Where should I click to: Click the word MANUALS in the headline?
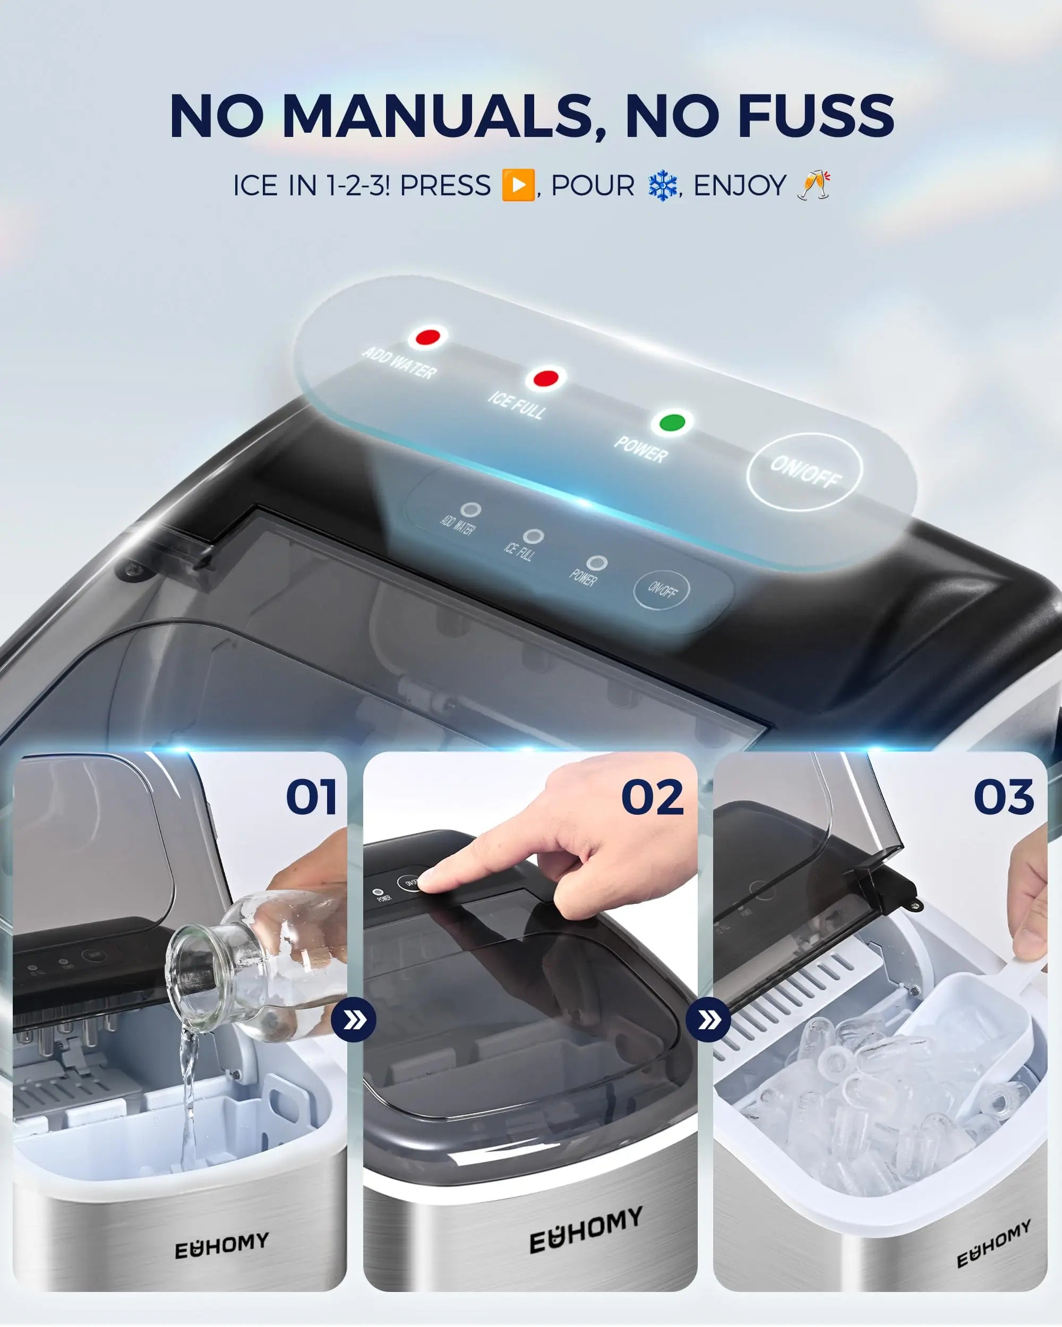[x=443, y=116]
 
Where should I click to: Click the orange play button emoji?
[x=518, y=185]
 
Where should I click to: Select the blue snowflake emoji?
[x=663, y=186]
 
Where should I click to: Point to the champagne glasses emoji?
[x=814, y=185]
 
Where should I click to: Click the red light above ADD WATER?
[x=428, y=337]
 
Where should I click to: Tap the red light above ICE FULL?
[x=545, y=378]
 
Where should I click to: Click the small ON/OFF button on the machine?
[x=662, y=590]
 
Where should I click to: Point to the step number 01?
[x=312, y=797]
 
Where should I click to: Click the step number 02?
[x=653, y=797]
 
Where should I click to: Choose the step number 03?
[x=1004, y=797]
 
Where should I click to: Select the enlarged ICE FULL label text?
[x=516, y=406]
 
